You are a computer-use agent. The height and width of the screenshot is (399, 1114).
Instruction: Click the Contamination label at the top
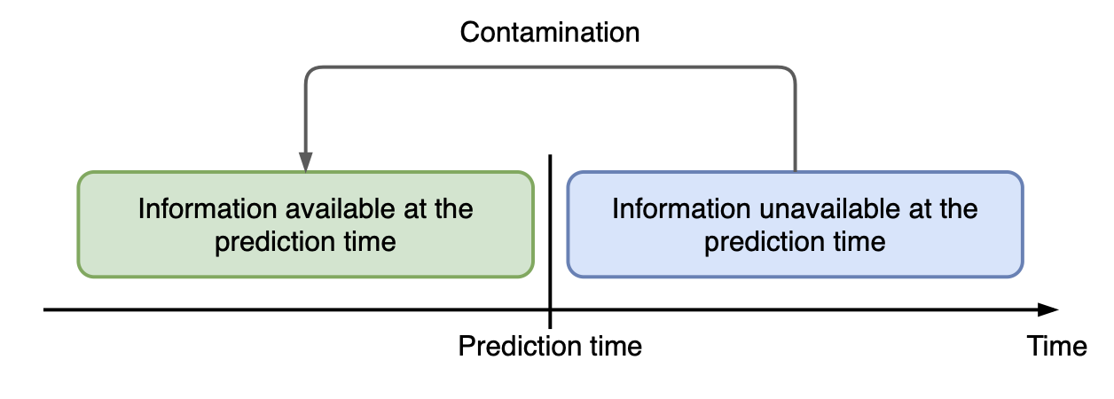(550, 33)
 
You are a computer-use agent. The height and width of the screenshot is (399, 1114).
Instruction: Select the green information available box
(305, 224)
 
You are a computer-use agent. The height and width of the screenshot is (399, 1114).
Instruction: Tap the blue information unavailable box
(795, 224)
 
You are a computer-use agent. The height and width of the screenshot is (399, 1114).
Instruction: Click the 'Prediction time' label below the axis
(550, 346)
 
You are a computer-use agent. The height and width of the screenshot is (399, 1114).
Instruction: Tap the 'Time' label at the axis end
(1057, 346)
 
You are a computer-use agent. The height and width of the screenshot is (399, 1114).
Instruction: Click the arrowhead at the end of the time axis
(1048, 309)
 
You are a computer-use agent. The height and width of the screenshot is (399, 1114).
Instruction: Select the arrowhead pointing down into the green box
(305, 162)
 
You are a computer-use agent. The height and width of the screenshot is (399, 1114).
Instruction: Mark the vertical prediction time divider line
(550, 241)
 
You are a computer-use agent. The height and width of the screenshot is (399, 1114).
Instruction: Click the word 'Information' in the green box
(208, 208)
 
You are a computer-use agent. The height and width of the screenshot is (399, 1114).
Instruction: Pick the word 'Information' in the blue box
(681, 208)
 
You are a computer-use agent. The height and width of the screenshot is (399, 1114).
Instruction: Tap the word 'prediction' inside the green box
(275, 242)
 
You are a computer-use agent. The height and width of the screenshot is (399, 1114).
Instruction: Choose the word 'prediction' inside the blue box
(765, 242)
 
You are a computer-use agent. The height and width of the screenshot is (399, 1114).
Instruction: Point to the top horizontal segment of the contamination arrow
(550, 67)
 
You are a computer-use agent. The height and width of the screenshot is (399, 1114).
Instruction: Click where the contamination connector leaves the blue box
(795, 171)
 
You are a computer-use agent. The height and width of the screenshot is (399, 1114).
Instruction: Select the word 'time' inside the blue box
(859, 242)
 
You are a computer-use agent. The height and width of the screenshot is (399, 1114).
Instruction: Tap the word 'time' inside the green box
(370, 242)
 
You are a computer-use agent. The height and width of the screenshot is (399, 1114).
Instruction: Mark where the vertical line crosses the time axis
(550, 309)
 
